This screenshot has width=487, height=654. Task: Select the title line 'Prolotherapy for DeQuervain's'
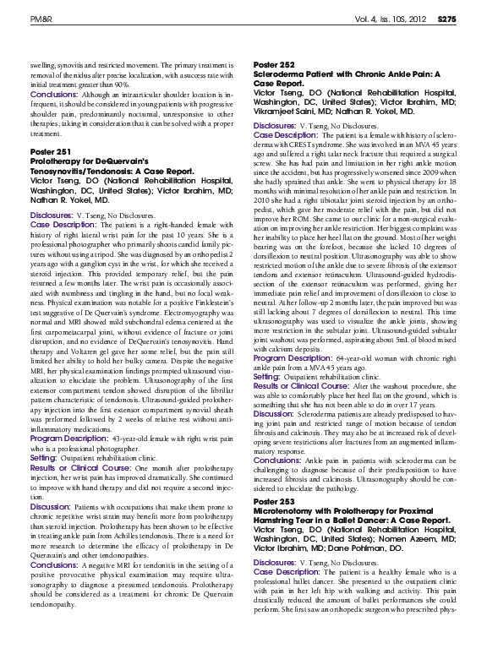tap(78, 160)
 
